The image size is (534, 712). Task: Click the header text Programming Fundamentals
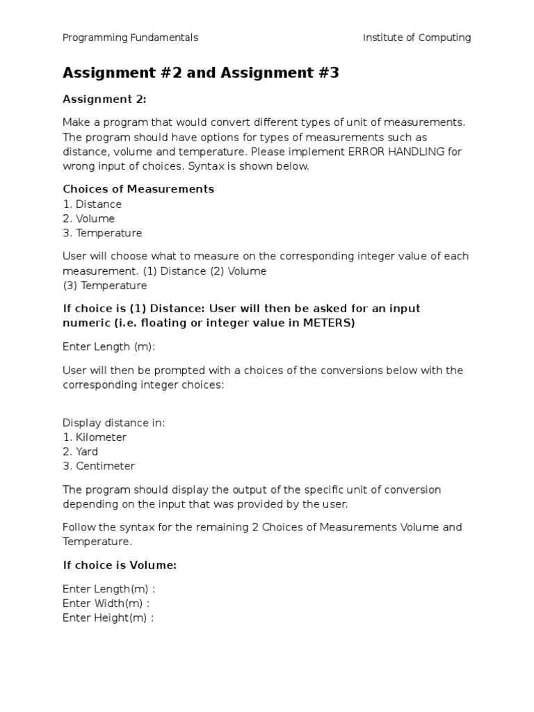tap(130, 38)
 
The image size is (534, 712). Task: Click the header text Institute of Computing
tap(416, 38)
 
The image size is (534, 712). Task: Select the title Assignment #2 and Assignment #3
tap(200, 73)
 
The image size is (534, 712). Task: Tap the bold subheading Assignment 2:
tap(104, 99)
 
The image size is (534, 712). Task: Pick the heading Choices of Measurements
tap(138, 189)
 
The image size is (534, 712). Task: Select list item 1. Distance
tap(92, 204)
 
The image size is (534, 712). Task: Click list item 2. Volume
tap(88, 219)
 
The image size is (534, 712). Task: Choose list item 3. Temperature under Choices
tap(102, 233)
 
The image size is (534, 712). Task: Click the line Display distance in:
tap(114, 423)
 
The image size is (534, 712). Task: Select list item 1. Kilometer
tap(95, 437)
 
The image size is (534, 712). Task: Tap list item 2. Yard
tap(80, 452)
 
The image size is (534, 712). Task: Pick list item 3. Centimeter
tap(99, 466)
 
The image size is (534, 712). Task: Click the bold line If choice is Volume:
tap(120, 565)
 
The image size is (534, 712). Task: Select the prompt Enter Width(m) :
tap(106, 603)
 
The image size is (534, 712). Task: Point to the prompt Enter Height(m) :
tap(108, 617)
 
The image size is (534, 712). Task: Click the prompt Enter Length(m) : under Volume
tap(108, 589)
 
